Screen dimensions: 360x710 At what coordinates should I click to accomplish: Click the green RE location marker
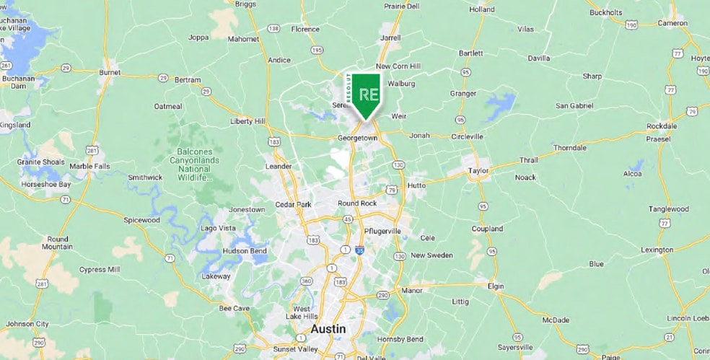pyautogui.click(x=367, y=95)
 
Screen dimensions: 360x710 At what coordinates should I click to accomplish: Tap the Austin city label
pyautogui.click(x=328, y=329)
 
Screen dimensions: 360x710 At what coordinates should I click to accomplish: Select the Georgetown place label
pyautogui.click(x=357, y=137)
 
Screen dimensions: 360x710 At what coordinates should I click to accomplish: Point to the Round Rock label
pyautogui.click(x=357, y=203)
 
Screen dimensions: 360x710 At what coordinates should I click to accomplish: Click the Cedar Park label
pyautogui.click(x=293, y=205)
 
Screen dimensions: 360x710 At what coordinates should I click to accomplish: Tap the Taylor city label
pyautogui.click(x=478, y=171)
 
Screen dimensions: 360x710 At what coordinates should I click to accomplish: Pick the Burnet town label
pyautogui.click(x=109, y=73)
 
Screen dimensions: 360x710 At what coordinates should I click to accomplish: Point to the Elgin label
pyautogui.click(x=496, y=286)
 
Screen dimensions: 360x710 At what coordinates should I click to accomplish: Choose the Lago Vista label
pyautogui.click(x=218, y=228)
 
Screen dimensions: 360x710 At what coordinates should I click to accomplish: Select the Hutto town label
pyautogui.click(x=417, y=185)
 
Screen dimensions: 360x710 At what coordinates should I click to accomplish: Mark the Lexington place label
pyautogui.click(x=657, y=250)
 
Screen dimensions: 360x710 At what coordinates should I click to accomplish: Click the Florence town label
pyautogui.click(x=304, y=30)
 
